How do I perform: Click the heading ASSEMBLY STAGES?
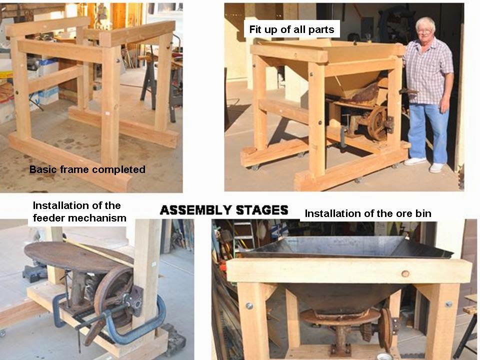tap(223, 210)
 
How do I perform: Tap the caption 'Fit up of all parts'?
tap(291, 29)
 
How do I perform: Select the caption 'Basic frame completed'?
tap(87, 169)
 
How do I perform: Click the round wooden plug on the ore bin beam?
tap(405, 273)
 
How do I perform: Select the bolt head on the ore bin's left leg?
tap(248, 305)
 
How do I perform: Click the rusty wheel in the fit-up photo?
tap(377, 123)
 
